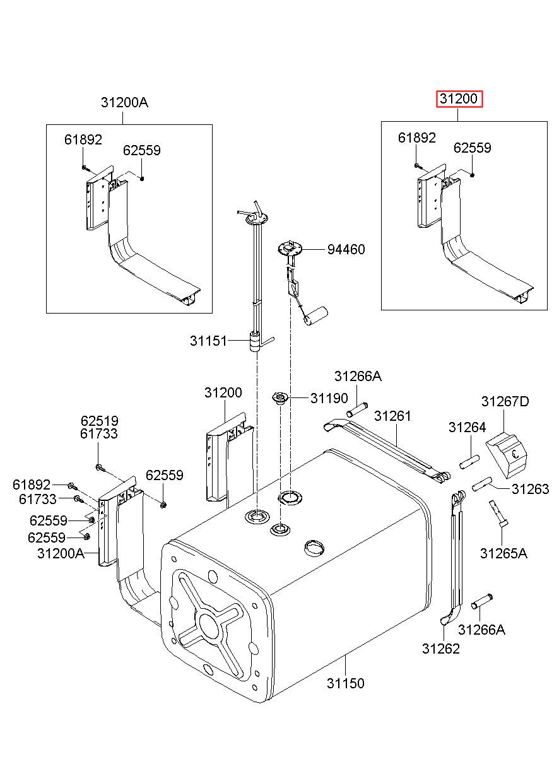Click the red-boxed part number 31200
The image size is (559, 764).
[459, 99]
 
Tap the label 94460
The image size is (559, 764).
[346, 250]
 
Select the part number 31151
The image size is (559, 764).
[208, 341]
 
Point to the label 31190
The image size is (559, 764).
[329, 398]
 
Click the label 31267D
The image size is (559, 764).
[505, 401]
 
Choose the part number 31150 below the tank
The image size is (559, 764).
[346, 683]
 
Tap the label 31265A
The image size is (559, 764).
[503, 553]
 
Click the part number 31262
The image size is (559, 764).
[441, 649]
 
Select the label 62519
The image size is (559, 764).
[99, 421]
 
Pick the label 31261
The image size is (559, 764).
[392, 416]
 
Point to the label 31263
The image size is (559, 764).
[531, 489]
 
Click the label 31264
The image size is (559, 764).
[467, 427]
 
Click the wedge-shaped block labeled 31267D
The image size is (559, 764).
[506, 455]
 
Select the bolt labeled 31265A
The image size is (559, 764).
[498, 514]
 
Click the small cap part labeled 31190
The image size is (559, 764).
[280, 398]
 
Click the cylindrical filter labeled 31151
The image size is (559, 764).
[254, 342]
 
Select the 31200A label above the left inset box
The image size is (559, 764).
[124, 102]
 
